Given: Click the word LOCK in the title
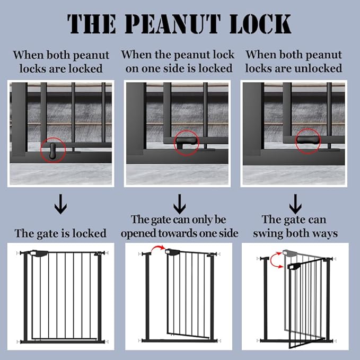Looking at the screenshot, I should [260, 23].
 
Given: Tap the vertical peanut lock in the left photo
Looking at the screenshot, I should [53, 151].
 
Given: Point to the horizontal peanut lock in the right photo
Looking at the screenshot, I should [308, 141].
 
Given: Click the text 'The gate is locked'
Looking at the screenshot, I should [60, 233].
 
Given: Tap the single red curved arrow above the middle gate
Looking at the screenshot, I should [157, 249].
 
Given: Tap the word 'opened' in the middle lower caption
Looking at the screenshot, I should [139, 233].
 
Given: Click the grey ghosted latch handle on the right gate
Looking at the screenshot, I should [289, 253].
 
